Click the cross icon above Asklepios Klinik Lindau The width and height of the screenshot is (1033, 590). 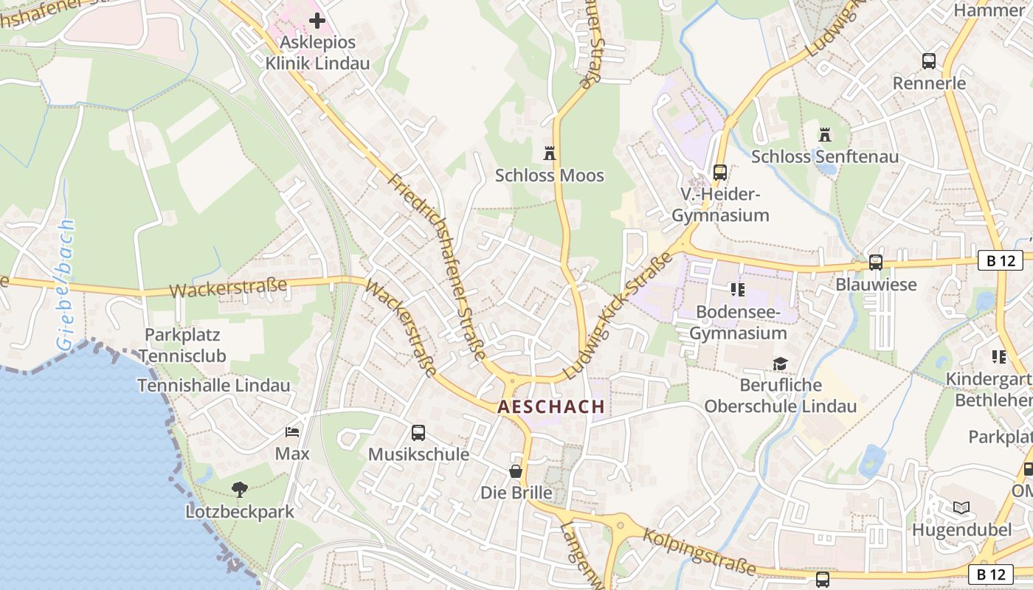pyautogui.click(x=317, y=21)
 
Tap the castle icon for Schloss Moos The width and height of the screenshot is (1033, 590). pyautogui.click(x=549, y=153)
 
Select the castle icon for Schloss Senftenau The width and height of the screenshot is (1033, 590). pyautogui.click(x=825, y=135)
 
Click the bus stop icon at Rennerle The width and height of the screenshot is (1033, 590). pyautogui.click(x=929, y=61)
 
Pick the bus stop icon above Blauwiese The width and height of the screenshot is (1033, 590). pyautogui.click(x=876, y=262)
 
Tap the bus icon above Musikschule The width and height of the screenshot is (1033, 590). pyautogui.click(x=418, y=433)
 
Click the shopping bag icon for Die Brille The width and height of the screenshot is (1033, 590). pyautogui.click(x=516, y=471)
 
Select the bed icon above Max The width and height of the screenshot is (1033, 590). pyautogui.click(x=292, y=431)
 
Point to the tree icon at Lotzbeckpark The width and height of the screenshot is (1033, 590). pyautogui.click(x=239, y=489)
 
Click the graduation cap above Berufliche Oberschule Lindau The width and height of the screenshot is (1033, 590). pyautogui.click(x=780, y=364)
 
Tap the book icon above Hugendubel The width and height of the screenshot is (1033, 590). pyautogui.click(x=961, y=507)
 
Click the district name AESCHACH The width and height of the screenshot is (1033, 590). pyautogui.click(x=551, y=406)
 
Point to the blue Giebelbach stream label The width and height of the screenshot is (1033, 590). pyautogui.click(x=65, y=284)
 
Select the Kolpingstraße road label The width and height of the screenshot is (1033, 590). pyautogui.click(x=700, y=551)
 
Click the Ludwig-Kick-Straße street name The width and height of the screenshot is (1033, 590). pyautogui.click(x=618, y=316)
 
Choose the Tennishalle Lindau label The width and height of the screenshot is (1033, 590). pyautogui.click(x=214, y=385)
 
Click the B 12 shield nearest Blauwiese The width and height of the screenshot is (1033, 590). pyautogui.click(x=1000, y=260)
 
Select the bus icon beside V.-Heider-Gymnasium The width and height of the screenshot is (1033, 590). pyautogui.click(x=720, y=173)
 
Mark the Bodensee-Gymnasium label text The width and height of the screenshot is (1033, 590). pyautogui.click(x=738, y=322)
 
